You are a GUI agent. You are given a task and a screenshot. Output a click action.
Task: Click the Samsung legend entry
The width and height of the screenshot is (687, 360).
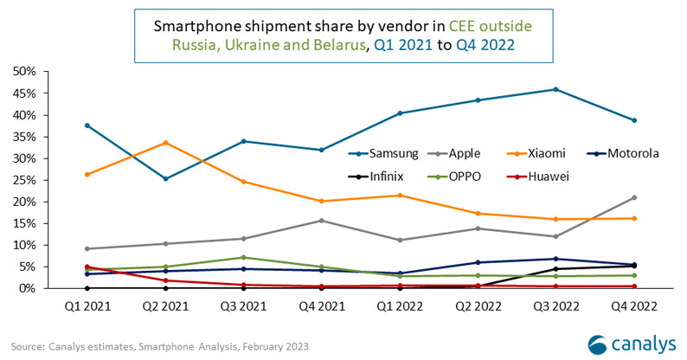390,153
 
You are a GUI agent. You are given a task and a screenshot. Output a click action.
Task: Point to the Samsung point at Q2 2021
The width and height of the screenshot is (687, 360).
164,178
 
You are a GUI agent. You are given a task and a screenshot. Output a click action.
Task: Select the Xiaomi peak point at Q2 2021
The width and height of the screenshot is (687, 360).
164,143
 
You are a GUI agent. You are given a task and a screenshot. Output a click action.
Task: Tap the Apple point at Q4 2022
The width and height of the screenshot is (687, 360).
634,197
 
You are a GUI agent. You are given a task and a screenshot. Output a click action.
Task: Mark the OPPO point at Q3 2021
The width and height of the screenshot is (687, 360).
243,257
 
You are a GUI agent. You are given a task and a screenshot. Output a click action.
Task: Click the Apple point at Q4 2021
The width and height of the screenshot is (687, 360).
322,220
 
